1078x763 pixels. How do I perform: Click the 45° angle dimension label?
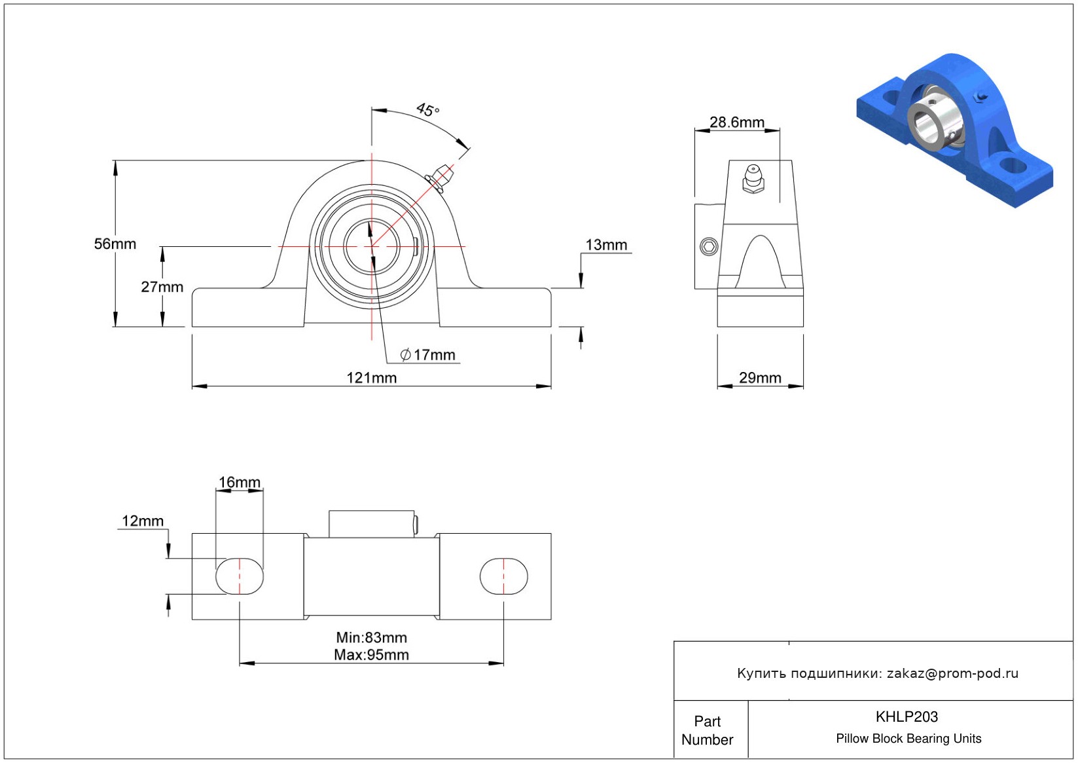(427, 110)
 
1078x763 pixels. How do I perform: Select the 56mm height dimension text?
(115, 244)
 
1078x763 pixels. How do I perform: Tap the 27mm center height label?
(162, 287)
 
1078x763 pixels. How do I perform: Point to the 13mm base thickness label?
(606, 245)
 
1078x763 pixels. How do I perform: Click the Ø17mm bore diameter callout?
(427, 355)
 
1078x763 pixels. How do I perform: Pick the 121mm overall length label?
(372, 378)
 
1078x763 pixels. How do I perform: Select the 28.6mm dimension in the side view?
(737, 122)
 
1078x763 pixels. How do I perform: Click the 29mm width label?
(760, 378)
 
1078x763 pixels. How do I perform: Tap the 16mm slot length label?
(239, 482)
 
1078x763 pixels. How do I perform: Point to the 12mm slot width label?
(143, 521)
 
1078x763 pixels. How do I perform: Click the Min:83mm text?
(372, 638)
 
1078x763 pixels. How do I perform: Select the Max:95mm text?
(372, 655)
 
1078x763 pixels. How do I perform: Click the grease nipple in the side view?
(753, 178)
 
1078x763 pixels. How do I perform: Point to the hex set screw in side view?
(709, 247)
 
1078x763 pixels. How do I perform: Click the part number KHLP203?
(907, 717)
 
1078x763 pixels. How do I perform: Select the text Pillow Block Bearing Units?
(908, 739)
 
